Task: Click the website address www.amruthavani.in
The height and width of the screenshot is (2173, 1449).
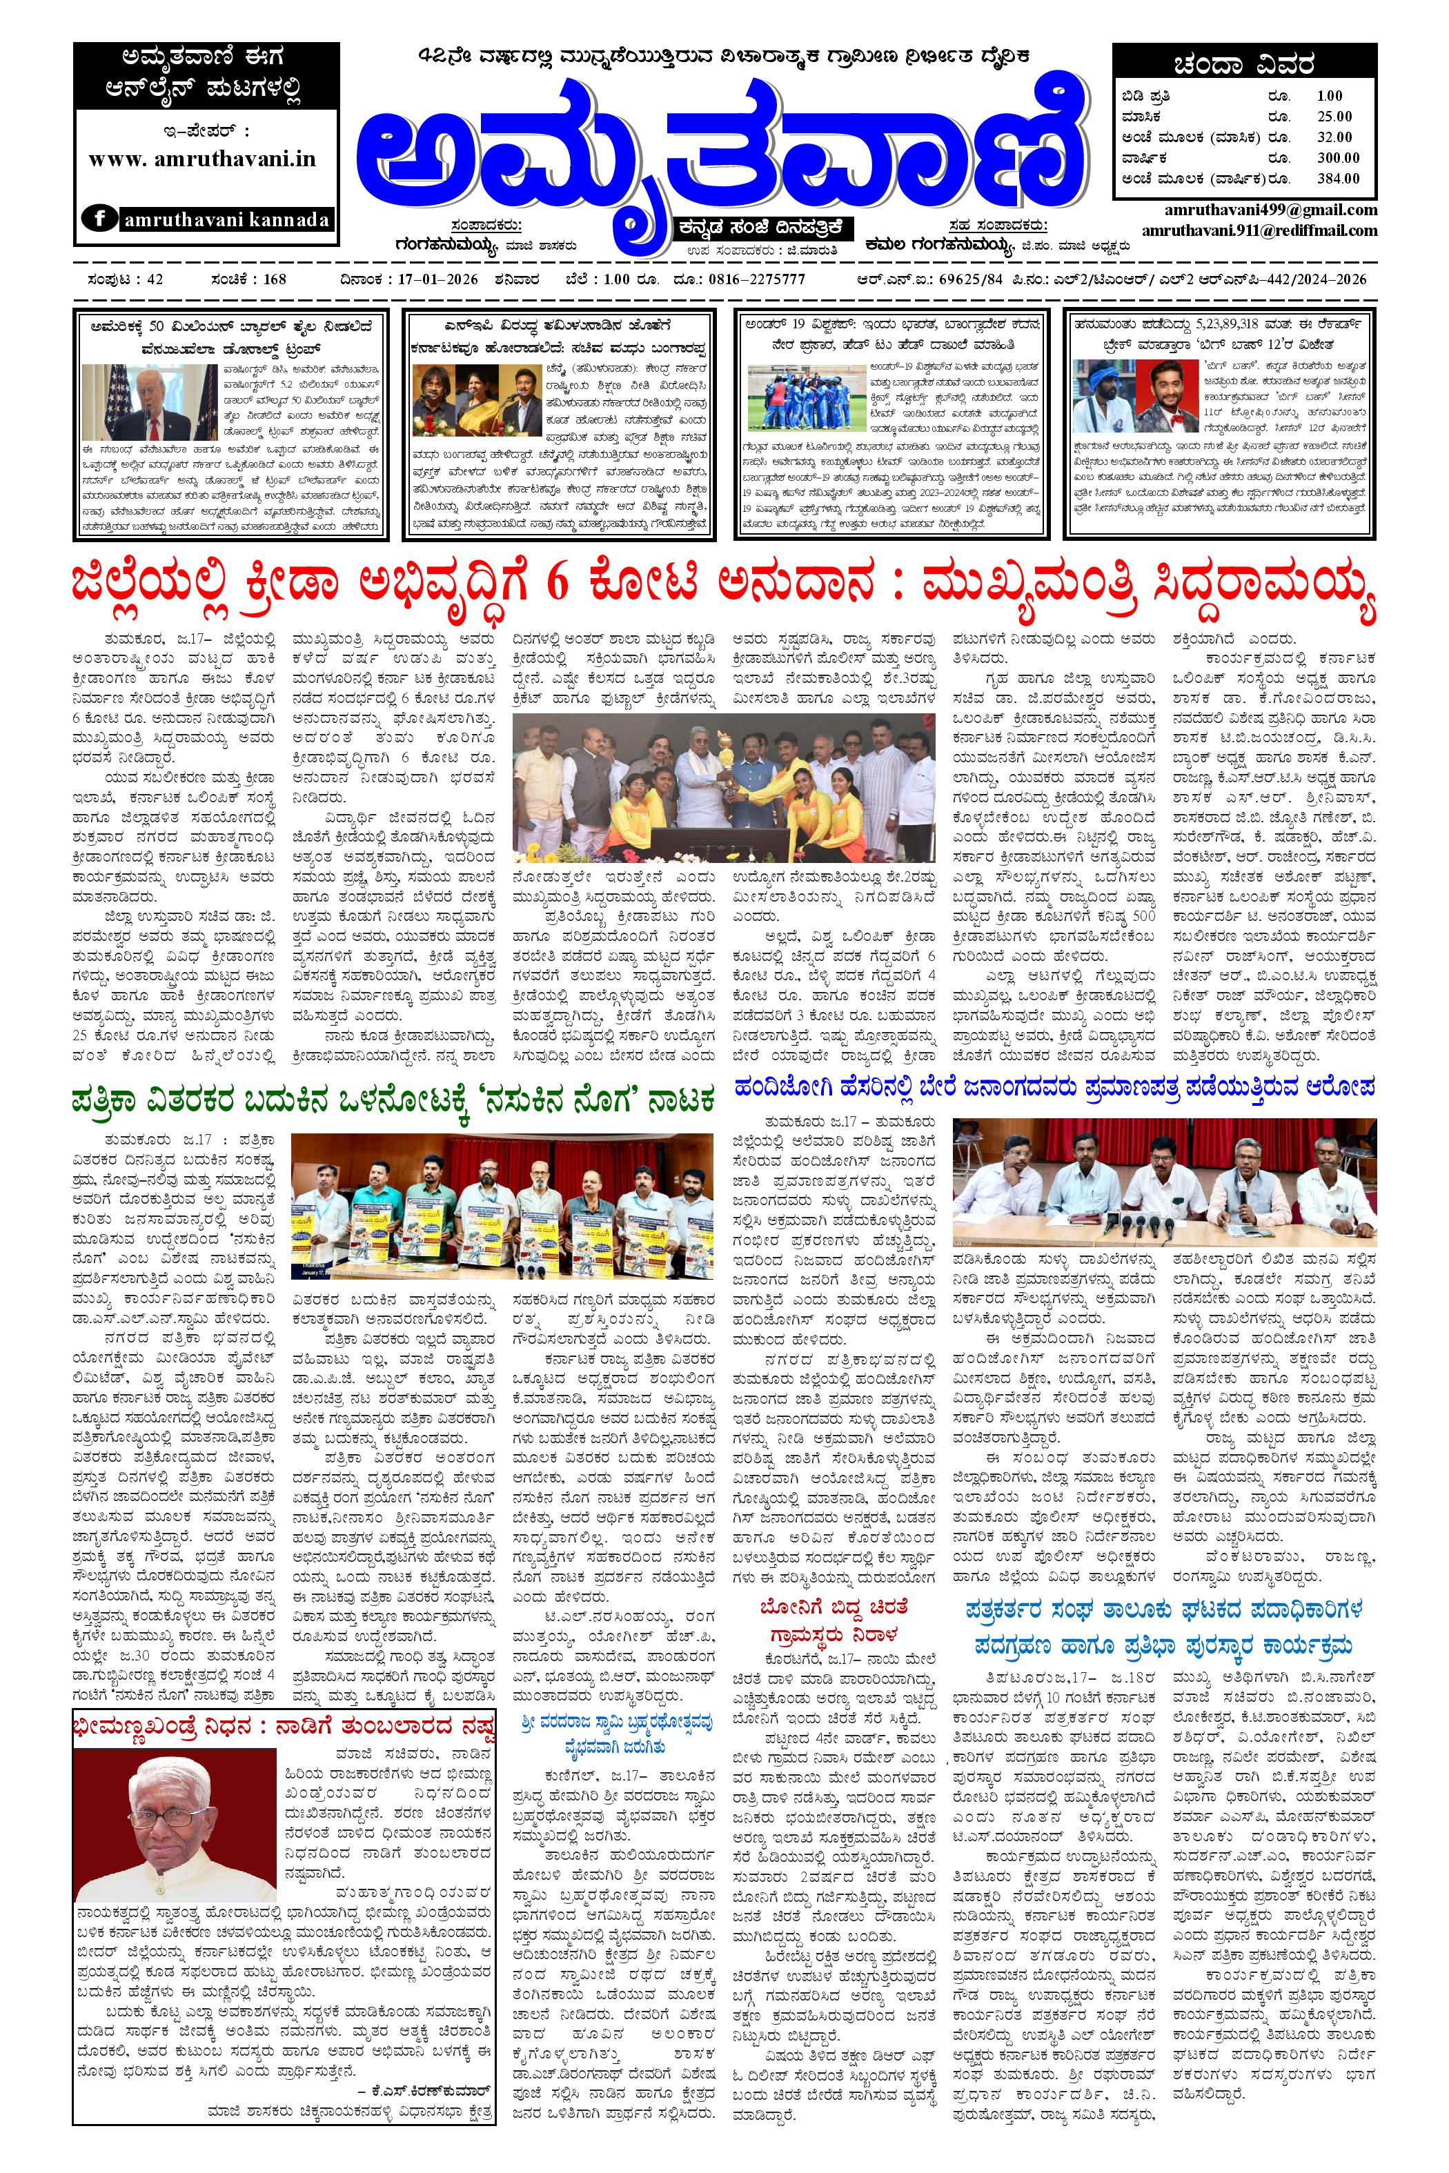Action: (x=202, y=159)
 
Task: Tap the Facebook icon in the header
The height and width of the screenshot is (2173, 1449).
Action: (x=97, y=219)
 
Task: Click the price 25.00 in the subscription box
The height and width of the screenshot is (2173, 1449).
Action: (x=1334, y=115)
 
